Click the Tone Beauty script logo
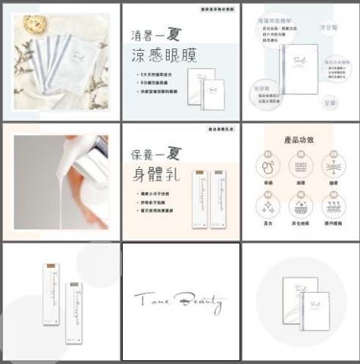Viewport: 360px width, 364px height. [x=180, y=303]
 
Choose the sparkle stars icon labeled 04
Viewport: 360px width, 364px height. [x=267, y=204]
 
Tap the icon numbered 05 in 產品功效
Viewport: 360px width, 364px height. [x=299, y=204]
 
